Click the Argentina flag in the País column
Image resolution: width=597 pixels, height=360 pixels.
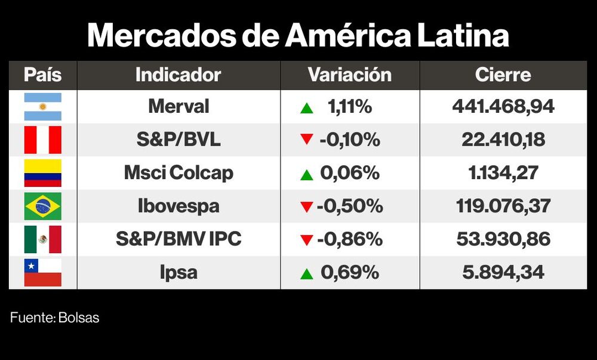[x=42, y=107]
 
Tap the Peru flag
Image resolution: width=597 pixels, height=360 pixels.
[x=42, y=140]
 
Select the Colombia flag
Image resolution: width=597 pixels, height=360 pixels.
[x=42, y=173]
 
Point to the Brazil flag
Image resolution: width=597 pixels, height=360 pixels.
[x=42, y=207]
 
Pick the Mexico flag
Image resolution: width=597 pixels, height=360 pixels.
[x=42, y=239]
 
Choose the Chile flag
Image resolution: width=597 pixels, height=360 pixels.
[x=42, y=272]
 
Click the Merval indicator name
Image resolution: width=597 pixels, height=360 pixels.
[x=179, y=107]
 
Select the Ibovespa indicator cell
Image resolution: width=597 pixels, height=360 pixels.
[x=179, y=207]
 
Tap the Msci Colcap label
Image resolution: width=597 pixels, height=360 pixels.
[x=179, y=173]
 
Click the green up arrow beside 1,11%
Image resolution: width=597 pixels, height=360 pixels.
[x=307, y=109]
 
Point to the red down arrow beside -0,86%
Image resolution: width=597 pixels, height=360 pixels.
[x=307, y=240]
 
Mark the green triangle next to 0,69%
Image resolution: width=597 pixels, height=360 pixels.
[x=307, y=274]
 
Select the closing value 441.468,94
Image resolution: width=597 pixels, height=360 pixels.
[x=503, y=107]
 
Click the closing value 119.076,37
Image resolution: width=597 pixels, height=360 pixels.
[x=503, y=207]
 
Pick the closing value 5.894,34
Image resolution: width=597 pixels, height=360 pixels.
[x=503, y=273]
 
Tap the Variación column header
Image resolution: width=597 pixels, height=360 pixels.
[x=350, y=75]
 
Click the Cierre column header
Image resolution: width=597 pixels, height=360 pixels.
[x=503, y=75]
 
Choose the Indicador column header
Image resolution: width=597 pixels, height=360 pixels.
[x=179, y=75]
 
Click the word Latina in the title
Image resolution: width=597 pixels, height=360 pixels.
[x=460, y=36]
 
